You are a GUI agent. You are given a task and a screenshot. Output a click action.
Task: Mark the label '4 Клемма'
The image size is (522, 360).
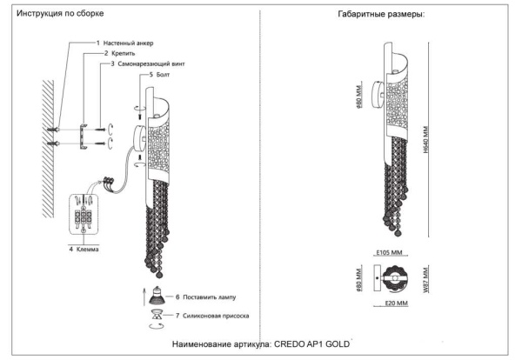85,249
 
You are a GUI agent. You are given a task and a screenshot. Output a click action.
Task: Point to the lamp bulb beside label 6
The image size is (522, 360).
157,295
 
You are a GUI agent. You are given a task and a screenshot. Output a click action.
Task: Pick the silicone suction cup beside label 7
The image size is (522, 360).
157,317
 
